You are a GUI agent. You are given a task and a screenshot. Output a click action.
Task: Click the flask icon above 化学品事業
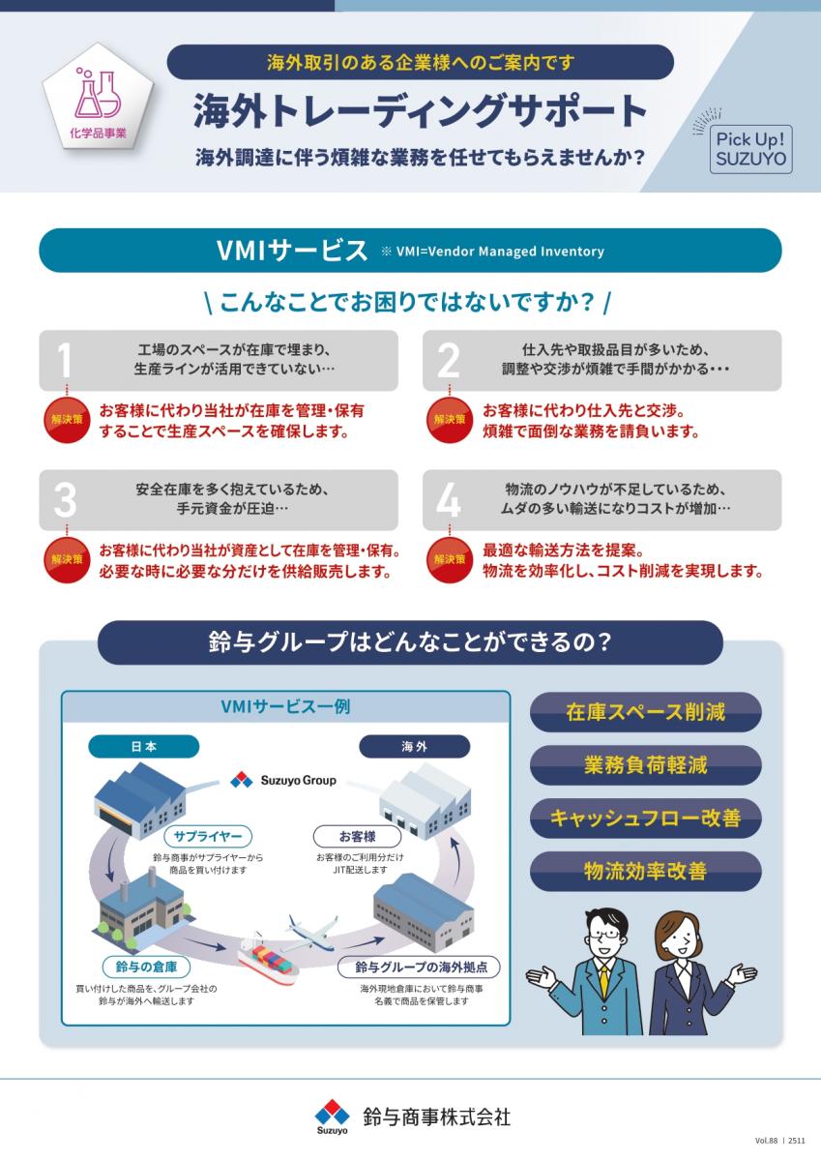(x=98, y=94)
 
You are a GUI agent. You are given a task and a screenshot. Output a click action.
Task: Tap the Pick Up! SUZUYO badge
(x=750, y=149)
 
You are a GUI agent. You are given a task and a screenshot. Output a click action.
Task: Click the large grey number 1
(x=64, y=360)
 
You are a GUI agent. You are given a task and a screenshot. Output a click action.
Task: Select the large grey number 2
(x=449, y=360)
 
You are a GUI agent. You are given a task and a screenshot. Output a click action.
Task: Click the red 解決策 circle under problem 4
(x=449, y=560)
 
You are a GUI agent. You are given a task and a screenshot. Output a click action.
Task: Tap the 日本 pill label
(x=143, y=746)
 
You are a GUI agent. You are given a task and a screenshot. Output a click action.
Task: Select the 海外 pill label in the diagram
(x=415, y=746)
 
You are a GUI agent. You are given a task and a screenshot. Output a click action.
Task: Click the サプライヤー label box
(x=208, y=836)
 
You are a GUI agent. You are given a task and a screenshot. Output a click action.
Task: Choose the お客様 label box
(x=358, y=836)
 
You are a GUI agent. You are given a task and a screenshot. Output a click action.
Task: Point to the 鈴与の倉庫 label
(x=146, y=967)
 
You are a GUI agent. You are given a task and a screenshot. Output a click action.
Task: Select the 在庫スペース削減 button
(x=645, y=712)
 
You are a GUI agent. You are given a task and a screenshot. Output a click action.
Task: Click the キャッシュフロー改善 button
(x=645, y=819)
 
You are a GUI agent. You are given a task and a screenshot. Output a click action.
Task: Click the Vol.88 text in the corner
(x=767, y=1141)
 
